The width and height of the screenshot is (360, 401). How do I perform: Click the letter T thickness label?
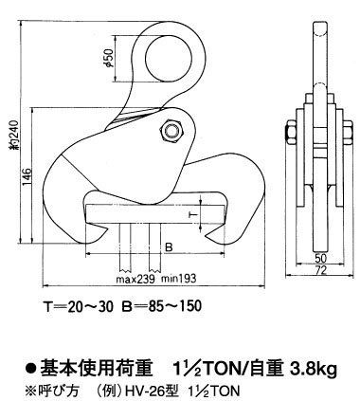(x=194, y=217)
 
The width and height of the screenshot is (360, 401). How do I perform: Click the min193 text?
(x=179, y=282)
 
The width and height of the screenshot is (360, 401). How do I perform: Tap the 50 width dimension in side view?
(x=320, y=258)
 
